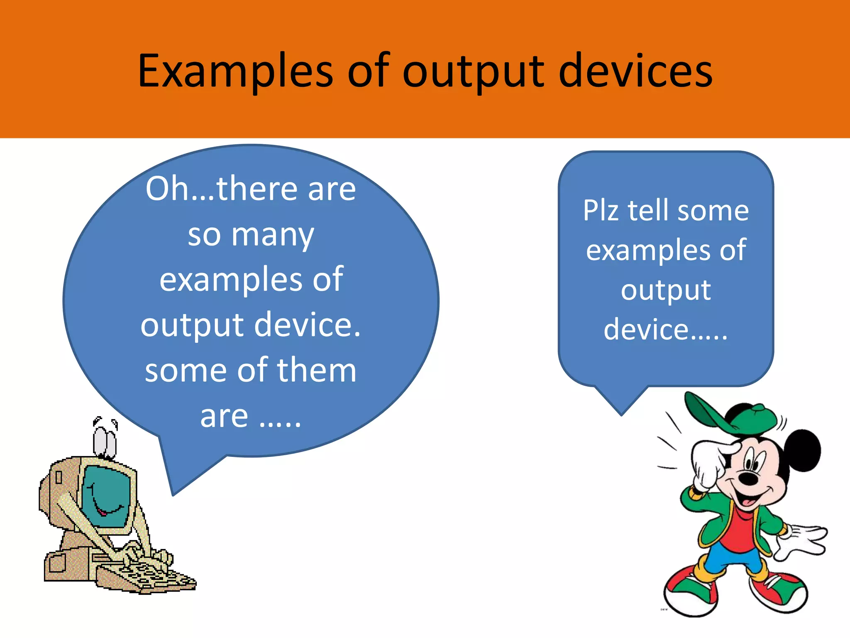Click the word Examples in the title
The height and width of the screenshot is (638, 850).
coord(235,71)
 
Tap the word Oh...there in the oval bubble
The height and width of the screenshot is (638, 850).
coord(222,189)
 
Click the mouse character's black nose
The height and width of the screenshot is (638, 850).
coord(749,478)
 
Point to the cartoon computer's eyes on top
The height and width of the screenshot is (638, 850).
coord(105,440)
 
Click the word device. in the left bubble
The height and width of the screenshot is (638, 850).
coord(307,324)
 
